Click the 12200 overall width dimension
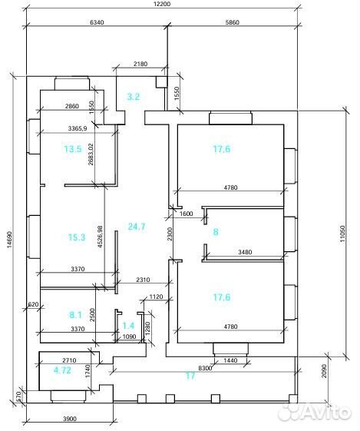click(162, 4)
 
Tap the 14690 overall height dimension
click(10, 238)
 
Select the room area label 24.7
click(137, 227)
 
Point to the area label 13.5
click(73, 149)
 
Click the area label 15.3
click(77, 237)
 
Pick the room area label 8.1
click(75, 315)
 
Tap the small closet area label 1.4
click(128, 326)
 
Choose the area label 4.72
click(62, 370)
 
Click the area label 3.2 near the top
click(134, 97)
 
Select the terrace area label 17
click(190, 375)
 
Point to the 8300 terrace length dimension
click(206, 368)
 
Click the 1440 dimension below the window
click(230, 360)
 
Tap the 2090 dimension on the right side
click(324, 371)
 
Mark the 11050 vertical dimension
click(342, 234)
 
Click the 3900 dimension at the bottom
click(70, 419)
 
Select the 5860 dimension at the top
click(233, 22)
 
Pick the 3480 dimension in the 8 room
click(245, 252)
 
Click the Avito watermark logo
click(314, 413)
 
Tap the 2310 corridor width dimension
click(143, 280)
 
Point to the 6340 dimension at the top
click(97, 22)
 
